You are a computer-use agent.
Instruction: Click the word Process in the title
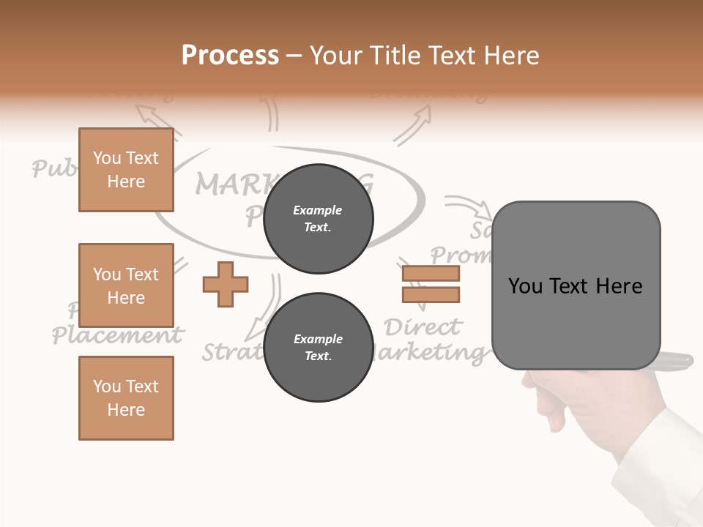[230, 56]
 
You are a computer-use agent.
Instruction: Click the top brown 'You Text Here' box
[126, 170]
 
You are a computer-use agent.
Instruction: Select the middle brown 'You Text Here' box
[126, 285]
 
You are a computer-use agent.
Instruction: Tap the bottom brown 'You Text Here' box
[126, 398]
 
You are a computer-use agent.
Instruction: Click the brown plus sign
[226, 284]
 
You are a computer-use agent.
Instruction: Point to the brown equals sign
[431, 284]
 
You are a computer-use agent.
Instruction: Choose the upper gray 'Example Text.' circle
[318, 219]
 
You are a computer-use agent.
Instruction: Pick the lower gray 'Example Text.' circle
[318, 348]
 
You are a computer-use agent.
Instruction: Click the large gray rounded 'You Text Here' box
[576, 285]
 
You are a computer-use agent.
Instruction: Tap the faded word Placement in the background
[117, 336]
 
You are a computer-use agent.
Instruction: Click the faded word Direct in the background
[423, 326]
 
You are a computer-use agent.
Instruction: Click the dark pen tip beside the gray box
[677, 360]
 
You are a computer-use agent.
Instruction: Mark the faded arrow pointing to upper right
[414, 122]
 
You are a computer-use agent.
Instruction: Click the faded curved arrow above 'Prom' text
[469, 206]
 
